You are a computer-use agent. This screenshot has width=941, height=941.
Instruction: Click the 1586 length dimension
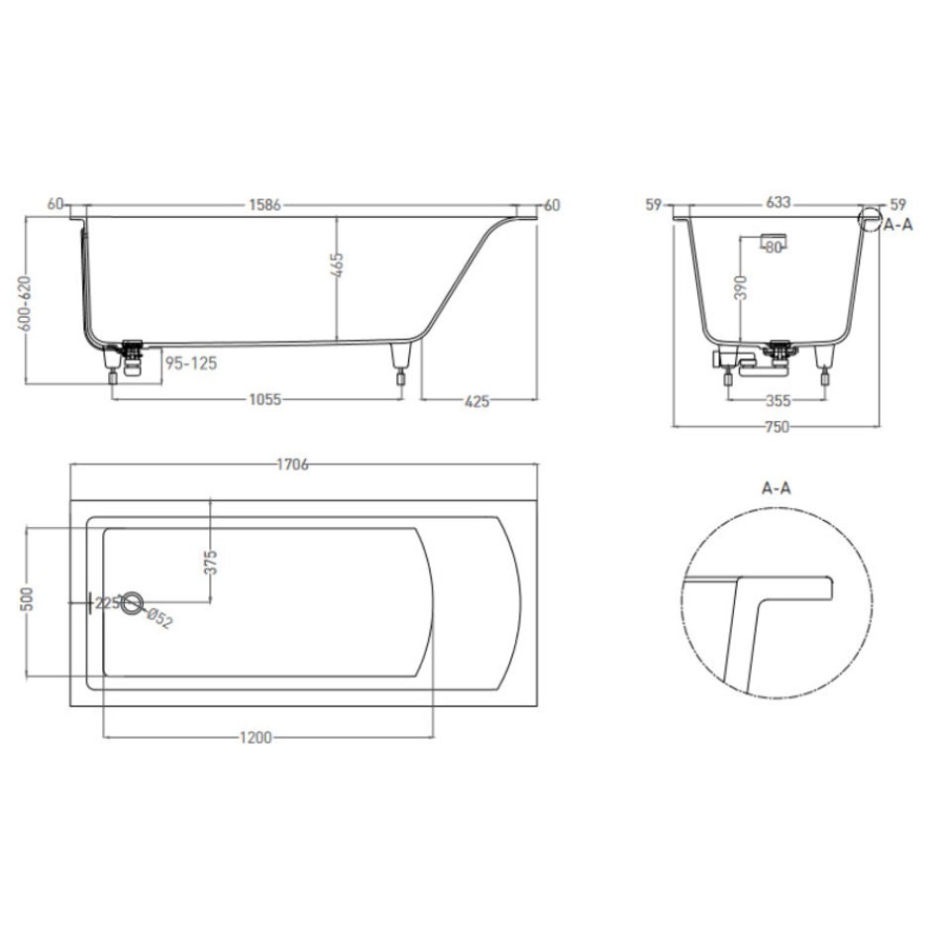pos(264,205)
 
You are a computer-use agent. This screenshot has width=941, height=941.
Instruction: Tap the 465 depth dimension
pos(337,265)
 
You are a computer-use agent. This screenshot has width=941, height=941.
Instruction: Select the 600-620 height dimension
pos(25,303)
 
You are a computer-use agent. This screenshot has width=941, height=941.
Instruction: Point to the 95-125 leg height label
pos(191,364)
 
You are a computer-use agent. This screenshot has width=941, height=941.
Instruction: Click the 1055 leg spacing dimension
pos(264,399)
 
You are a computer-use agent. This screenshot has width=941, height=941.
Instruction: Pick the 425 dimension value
pos(477,401)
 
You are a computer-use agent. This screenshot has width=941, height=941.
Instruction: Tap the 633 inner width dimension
pos(778,203)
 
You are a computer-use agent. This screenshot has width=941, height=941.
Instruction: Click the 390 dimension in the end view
pos(741,287)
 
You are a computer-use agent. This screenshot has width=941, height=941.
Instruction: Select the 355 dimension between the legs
pos(778,400)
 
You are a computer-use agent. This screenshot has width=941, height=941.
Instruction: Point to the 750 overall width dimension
pos(777,427)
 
